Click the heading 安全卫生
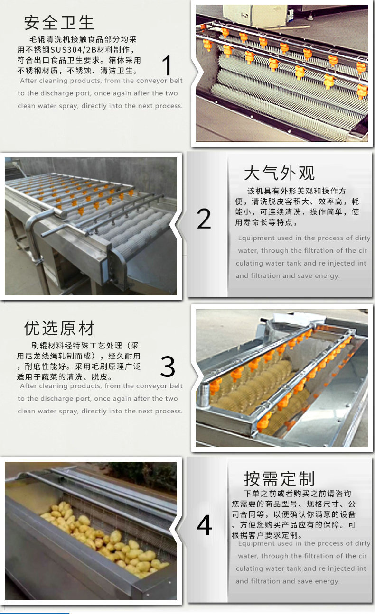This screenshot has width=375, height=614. (x=59, y=22)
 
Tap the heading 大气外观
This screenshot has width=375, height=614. (x=279, y=173)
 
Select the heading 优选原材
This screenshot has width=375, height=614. (x=59, y=328)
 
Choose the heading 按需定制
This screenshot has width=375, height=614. (x=279, y=479)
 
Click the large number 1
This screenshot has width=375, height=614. (x=167, y=65)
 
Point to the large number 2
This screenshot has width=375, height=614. (x=204, y=219)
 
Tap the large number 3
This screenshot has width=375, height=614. (x=168, y=367)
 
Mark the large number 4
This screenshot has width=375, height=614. (x=204, y=525)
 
